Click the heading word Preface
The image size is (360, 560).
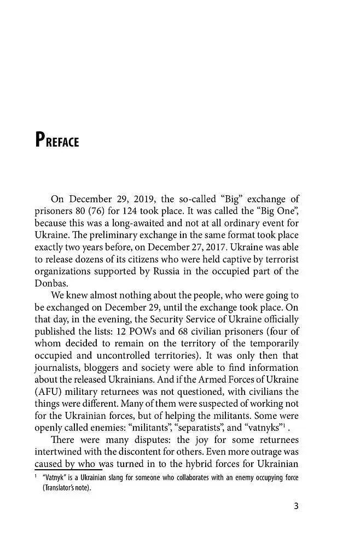[57, 141]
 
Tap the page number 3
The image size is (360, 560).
[295, 505]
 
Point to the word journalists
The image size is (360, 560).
[59, 367]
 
